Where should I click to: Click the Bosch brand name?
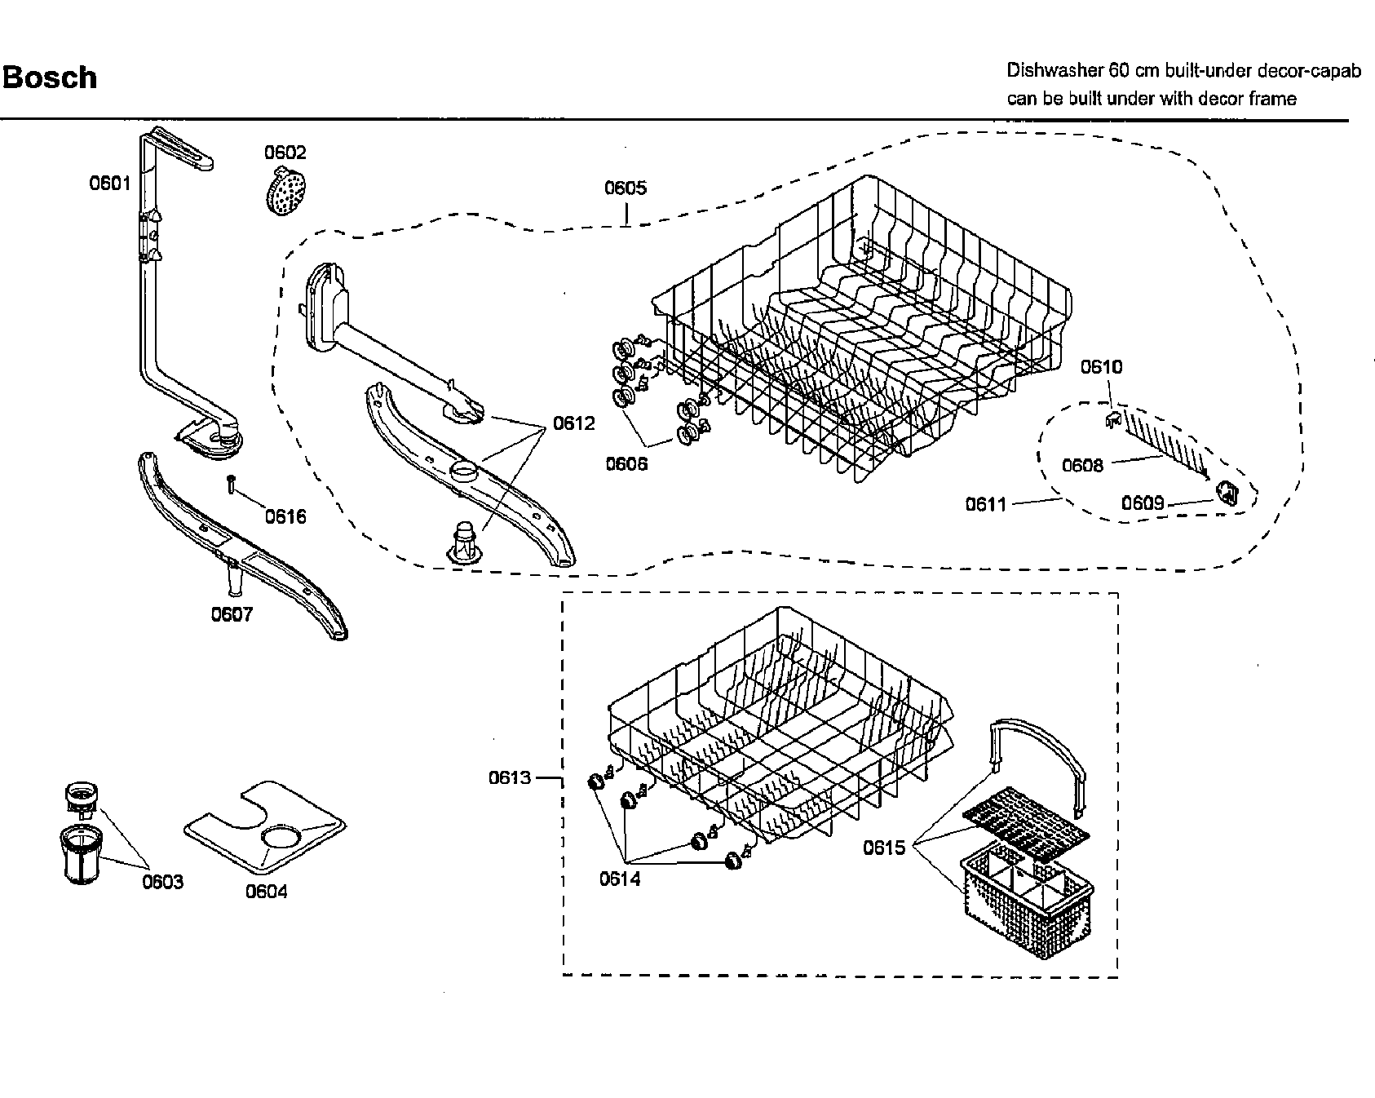tap(50, 78)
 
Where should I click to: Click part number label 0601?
tap(109, 184)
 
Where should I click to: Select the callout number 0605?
tap(626, 188)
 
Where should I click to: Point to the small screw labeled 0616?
tap(232, 485)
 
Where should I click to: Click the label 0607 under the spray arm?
tap(232, 615)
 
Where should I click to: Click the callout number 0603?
tap(162, 882)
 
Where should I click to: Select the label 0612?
tap(574, 423)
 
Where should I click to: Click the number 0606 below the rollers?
tap(626, 464)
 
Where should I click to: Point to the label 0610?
tap(1102, 367)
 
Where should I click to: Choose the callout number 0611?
tap(987, 505)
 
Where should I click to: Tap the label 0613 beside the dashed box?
tap(510, 778)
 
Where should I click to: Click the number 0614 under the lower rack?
tap(621, 879)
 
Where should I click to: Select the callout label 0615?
tap(885, 848)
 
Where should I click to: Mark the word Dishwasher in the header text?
tap(1053, 71)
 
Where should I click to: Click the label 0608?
tap(1082, 465)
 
